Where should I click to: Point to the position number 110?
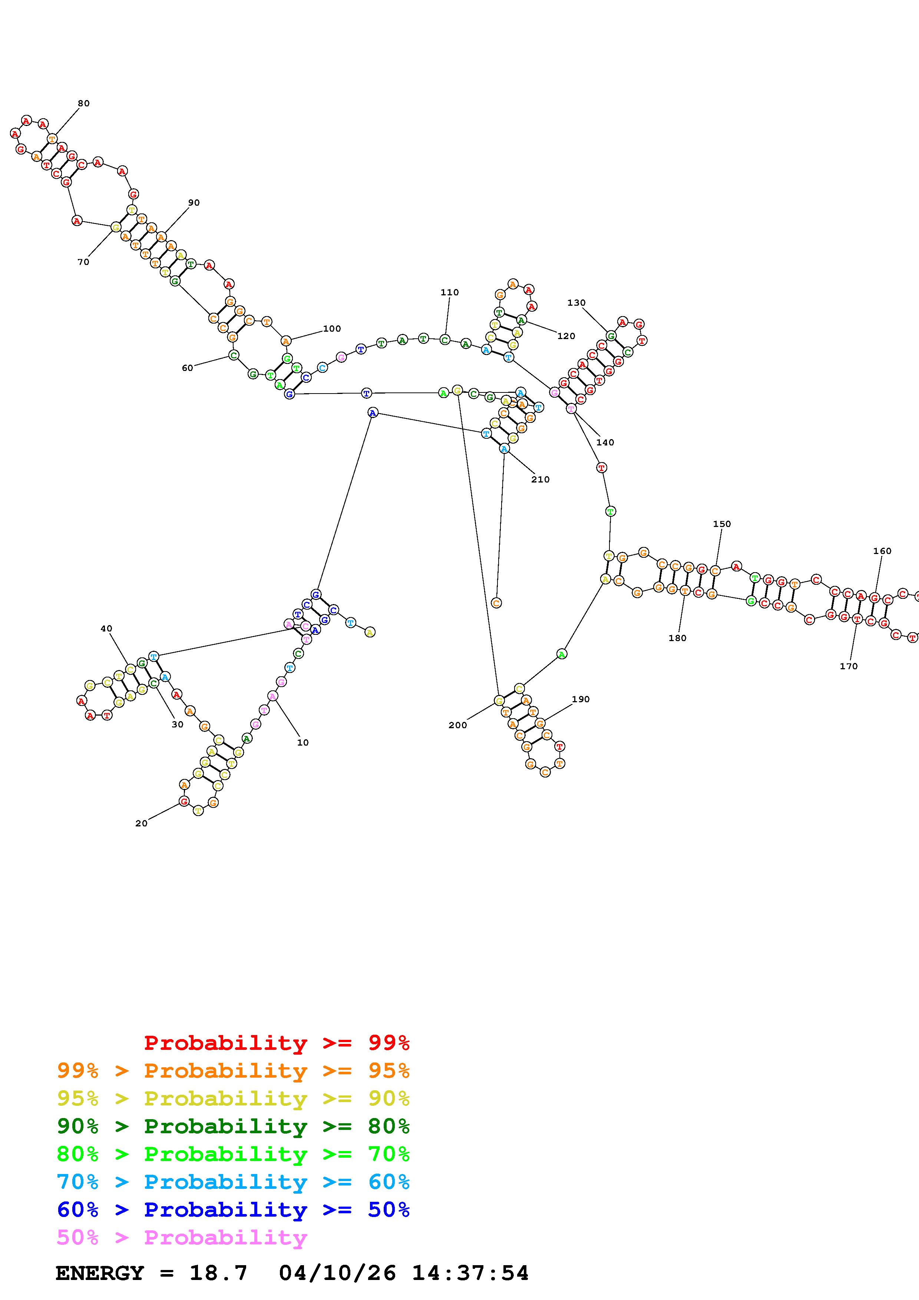click(450, 292)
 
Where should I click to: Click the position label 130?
click(576, 303)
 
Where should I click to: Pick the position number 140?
click(605, 442)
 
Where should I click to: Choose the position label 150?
click(722, 524)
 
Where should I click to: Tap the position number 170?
click(848, 666)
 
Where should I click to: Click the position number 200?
click(457, 725)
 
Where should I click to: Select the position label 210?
click(540, 480)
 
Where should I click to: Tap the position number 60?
click(188, 368)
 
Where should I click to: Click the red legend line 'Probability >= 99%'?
click(277, 1042)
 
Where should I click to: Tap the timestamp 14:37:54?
click(470, 1273)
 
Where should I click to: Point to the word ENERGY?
click(100, 1273)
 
